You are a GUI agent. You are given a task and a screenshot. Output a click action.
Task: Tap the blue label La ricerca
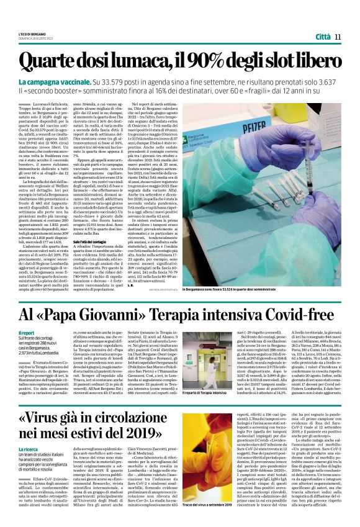coord(29,449)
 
